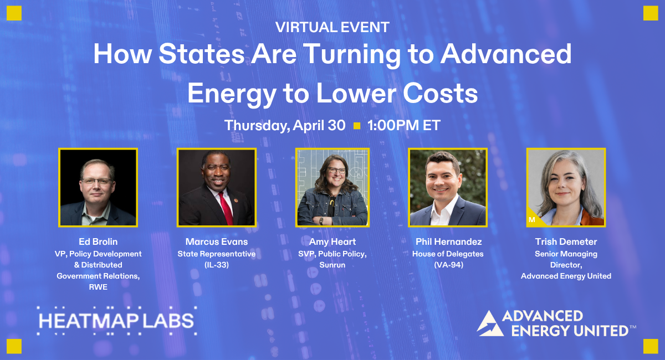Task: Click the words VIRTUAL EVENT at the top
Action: pos(332,26)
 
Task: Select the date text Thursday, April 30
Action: pos(285,126)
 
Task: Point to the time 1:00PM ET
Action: pos(403,126)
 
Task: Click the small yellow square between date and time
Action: pos(356,126)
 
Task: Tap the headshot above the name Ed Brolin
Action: pos(98,187)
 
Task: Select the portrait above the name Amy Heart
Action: pos(332,187)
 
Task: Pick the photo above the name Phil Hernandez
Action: pos(447,187)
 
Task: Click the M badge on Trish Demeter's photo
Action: pos(532,220)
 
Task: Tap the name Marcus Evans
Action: pos(216,242)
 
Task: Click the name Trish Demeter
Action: pos(566,242)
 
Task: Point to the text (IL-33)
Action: pos(216,265)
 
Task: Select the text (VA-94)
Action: pos(447,265)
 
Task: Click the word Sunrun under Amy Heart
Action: pos(332,265)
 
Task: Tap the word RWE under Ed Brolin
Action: pos(98,287)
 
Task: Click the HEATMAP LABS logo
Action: pos(116,321)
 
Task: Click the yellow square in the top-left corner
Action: pos(14,13)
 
